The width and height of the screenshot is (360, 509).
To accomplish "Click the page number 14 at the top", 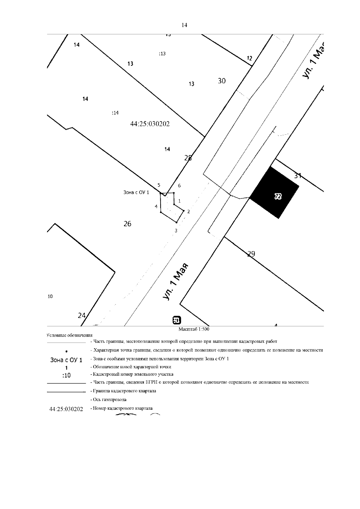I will [x=184, y=25].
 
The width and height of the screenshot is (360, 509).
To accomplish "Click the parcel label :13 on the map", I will [x=162, y=54].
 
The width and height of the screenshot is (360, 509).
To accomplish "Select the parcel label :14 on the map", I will [x=115, y=113].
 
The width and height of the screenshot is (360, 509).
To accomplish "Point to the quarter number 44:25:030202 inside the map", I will [x=150, y=124].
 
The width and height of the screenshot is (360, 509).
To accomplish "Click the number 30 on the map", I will [x=222, y=81].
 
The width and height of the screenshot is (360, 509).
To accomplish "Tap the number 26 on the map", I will [x=127, y=224].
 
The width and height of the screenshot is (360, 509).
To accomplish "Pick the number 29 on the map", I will [x=251, y=254].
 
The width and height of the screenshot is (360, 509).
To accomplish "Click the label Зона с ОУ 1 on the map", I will [x=136, y=192].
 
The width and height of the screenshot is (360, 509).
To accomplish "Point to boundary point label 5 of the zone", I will [x=159, y=185].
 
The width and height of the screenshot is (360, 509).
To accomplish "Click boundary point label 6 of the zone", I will [x=179, y=186].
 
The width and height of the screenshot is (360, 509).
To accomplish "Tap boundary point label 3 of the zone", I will [x=176, y=231].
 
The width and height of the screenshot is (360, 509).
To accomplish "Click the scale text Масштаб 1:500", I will [x=194, y=329].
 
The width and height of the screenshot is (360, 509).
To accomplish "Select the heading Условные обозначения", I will [x=70, y=335].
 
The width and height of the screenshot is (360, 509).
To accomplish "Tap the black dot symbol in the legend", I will [x=66, y=351].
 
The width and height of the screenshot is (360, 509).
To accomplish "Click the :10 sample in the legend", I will [x=66, y=375].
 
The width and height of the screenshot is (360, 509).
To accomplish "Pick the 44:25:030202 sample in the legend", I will [x=66, y=409].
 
